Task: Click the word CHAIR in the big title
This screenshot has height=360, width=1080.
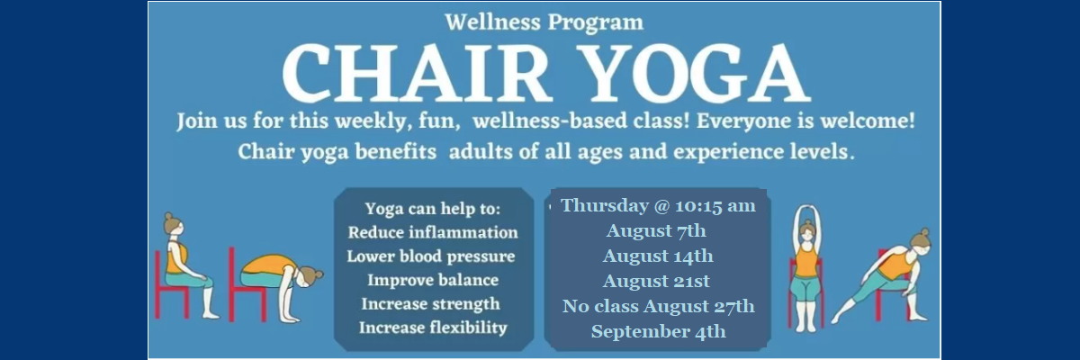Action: coord(416,73)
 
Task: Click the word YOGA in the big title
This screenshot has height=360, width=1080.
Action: coord(697,73)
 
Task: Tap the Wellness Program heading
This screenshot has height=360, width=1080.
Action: coord(544,22)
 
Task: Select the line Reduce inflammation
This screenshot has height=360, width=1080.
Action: coord(433,232)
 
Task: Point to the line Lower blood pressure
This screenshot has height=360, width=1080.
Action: coord(431,256)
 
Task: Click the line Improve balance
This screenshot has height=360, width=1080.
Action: coord(433,280)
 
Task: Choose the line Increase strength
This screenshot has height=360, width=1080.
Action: coord(430,304)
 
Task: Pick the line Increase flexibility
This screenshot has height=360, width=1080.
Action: coord(433,328)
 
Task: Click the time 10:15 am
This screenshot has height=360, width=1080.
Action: coord(715,206)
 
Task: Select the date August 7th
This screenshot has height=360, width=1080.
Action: coord(656,230)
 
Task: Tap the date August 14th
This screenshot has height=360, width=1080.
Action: coord(658,256)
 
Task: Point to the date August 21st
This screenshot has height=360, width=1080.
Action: coord(656,281)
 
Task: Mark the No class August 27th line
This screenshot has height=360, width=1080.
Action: coord(658,306)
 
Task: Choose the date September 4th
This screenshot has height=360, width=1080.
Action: coord(658,331)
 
